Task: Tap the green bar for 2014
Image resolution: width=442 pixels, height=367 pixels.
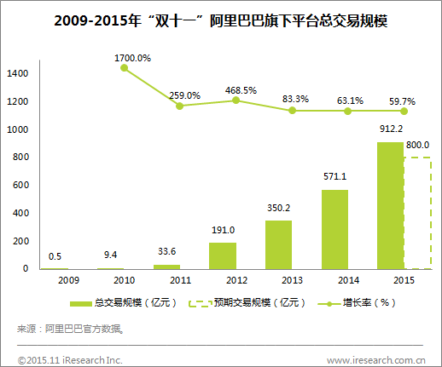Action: (334, 229)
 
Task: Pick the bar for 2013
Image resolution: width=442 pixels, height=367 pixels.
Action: (278, 244)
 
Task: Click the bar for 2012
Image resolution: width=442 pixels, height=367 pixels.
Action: (223, 255)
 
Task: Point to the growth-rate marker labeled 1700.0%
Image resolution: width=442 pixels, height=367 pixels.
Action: (124, 67)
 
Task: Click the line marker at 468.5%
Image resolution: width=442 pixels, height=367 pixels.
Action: (236, 100)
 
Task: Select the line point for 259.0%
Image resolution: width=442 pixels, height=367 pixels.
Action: (179, 106)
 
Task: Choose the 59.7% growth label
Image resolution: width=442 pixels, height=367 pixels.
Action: (401, 101)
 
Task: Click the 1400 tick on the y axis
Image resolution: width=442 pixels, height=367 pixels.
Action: (17, 74)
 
